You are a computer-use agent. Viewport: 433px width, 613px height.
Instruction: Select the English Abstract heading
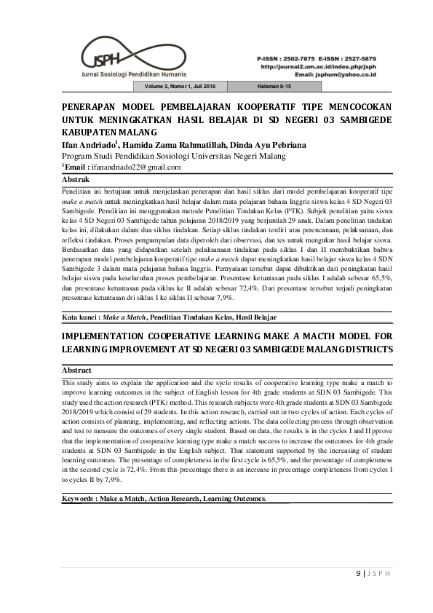pyautogui.click(x=77, y=371)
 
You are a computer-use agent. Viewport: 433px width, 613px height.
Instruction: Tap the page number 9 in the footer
pyautogui.click(x=357, y=572)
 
